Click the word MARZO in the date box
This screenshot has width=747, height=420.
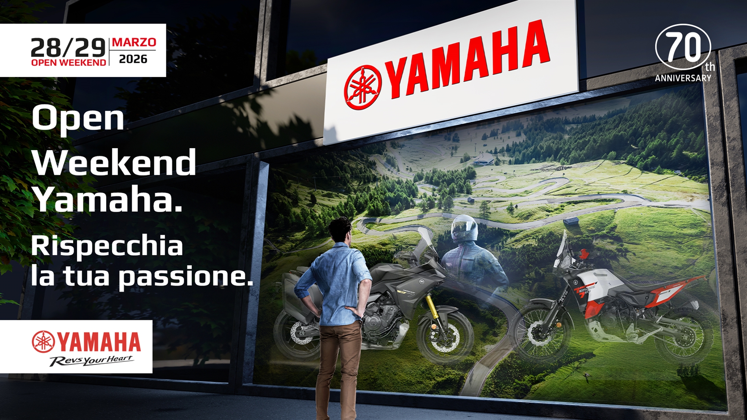click(x=134, y=42)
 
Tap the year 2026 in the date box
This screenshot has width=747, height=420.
click(x=133, y=59)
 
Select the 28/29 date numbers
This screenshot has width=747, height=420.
click(x=68, y=48)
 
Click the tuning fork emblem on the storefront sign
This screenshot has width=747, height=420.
click(x=362, y=87)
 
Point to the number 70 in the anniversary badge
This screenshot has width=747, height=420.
click(x=684, y=46)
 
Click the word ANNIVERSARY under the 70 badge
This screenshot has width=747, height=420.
click(x=683, y=78)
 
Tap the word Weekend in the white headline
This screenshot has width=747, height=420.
click(x=114, y=162)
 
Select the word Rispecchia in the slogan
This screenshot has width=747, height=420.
click(x=107, y=246)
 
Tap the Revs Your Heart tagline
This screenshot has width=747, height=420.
click(x=91, y=360)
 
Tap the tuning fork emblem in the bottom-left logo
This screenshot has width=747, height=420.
click(x=43, y=341)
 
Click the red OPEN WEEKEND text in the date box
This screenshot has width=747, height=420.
click(x=68, y=62)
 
